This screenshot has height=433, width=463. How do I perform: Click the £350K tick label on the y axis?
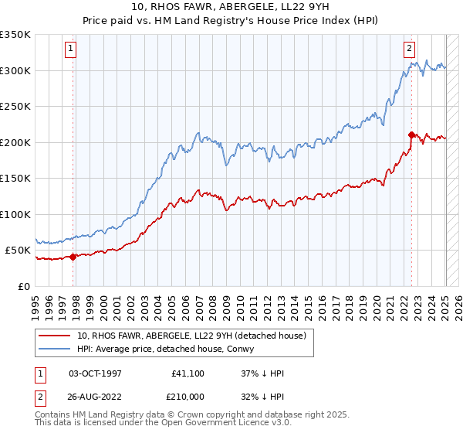point(15,35)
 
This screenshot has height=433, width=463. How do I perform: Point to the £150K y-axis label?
point(15,178)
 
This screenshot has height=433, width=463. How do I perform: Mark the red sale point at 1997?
point(73,257)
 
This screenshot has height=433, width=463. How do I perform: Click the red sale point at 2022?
point(411,135)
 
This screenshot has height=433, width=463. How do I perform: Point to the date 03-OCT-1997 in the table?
point(95,373)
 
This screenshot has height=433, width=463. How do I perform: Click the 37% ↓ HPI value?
point(262,373)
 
